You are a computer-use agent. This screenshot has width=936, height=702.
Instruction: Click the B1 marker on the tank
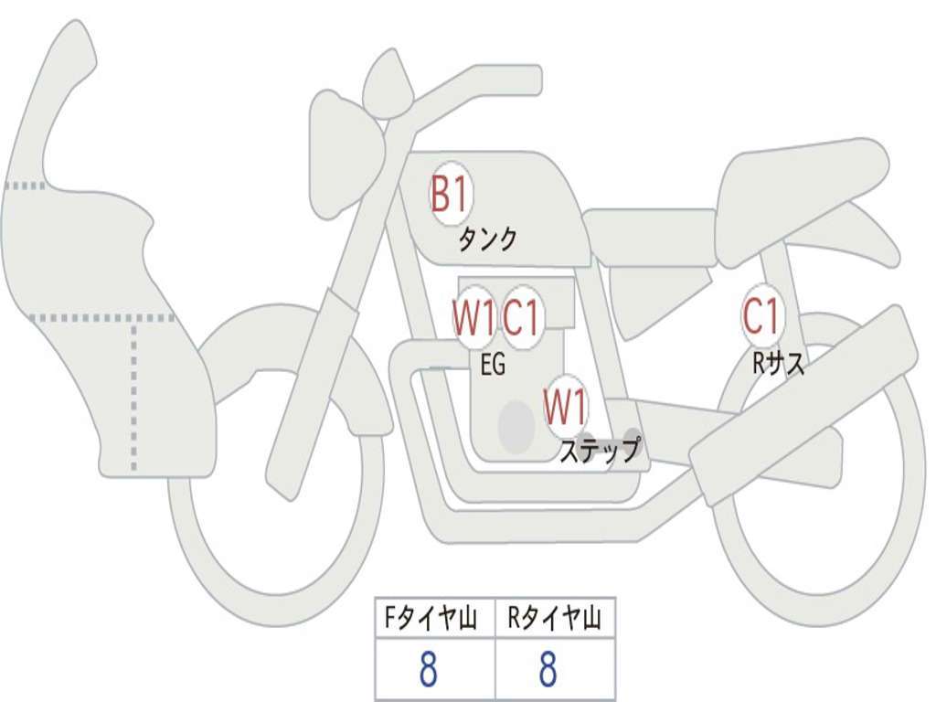point(450,195)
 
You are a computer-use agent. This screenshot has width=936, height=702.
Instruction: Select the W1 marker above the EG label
point(473,318)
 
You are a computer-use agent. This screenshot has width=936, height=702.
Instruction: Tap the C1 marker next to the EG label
point(523,318)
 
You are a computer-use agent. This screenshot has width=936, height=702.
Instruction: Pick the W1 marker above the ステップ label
point(566,407)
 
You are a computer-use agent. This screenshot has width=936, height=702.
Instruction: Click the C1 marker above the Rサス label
point(761,317)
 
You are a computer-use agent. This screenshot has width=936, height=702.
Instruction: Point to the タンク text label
point(488,239)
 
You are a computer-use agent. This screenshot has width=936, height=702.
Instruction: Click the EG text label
point(493,366)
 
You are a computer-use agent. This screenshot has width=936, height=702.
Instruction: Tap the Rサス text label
point(779,364)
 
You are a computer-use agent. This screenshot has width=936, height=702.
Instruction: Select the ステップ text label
point(599,451)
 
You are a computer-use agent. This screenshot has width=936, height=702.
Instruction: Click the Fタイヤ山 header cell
point(434,621)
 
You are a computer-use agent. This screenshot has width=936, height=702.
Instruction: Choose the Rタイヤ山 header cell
point(555,621)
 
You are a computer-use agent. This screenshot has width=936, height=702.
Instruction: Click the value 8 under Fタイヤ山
point(429,670)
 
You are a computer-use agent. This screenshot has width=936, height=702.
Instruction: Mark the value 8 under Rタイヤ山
point(548,670)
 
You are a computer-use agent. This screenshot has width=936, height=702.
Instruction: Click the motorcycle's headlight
point(343,151)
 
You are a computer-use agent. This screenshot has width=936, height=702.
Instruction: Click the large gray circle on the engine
point(516,426)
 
